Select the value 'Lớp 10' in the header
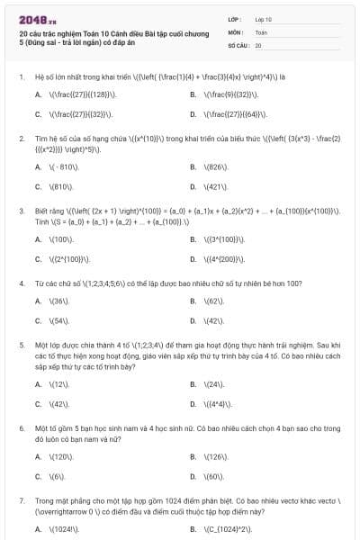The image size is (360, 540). (x=263, y=18)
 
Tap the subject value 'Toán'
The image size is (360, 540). (x=261, y=31)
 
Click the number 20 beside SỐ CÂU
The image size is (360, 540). (x=258, y=44)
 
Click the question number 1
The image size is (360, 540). (x=21, y=76)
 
